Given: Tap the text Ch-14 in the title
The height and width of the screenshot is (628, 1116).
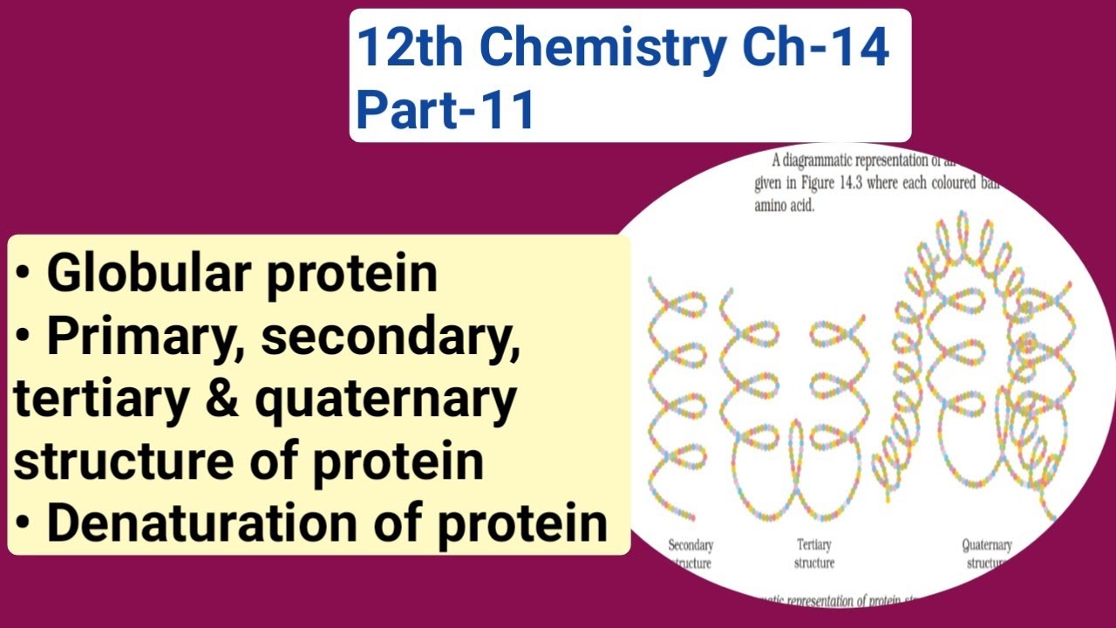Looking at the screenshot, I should tap(816, 49).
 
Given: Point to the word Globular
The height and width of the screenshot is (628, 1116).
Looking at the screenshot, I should tap(145, 274).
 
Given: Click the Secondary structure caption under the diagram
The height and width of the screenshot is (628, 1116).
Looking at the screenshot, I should tap(691, 554).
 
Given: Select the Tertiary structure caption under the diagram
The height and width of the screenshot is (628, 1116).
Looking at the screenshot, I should tap(814, 554).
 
